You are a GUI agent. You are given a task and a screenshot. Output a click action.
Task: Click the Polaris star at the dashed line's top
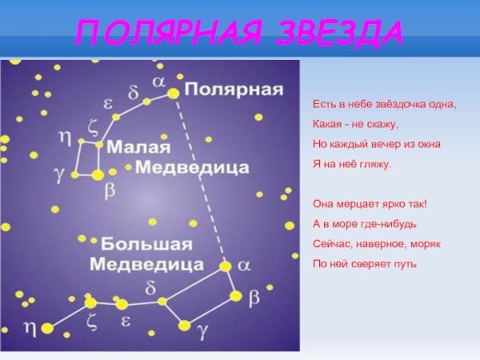click(173, 94)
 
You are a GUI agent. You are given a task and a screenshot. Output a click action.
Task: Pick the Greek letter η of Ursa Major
click(30, 326)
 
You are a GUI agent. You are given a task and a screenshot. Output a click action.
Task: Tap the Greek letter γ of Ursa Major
click(203, 329)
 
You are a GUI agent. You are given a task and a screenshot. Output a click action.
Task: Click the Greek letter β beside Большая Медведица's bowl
click(254, 298)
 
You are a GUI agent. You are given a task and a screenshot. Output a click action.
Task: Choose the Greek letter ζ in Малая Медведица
click(91, 125)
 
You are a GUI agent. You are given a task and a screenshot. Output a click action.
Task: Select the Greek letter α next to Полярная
click(159, 82)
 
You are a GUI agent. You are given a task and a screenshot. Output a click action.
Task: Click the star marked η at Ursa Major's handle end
click(47, 327)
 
